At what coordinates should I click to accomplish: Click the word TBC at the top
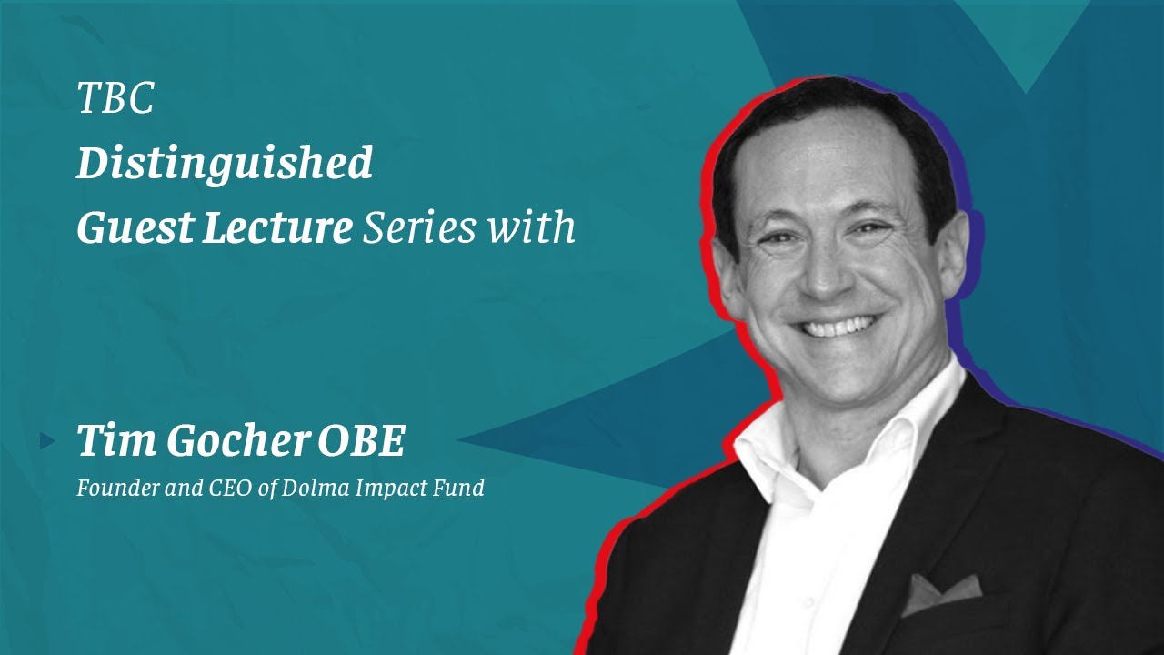115,98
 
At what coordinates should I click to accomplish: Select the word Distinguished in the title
225,164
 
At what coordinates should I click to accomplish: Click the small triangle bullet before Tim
48,442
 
